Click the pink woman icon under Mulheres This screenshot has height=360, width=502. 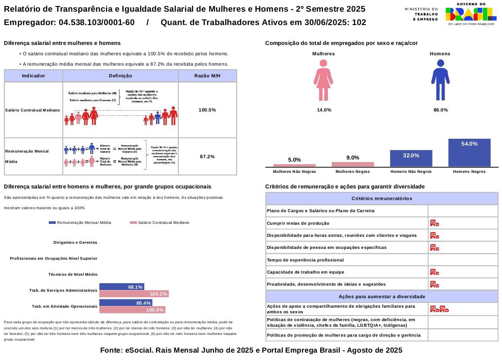tap(323, 80)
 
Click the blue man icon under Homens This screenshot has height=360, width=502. tap(440, 80)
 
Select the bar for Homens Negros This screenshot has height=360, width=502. tap(469, 153)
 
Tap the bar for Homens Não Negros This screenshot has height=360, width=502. tap(411, 158)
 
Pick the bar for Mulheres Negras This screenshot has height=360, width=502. tap(353, 164)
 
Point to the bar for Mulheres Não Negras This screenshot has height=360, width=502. tap(294, 165)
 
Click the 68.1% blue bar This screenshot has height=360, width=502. tap(121, 287)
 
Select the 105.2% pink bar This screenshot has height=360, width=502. tap(134, 294)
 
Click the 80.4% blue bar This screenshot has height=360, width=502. tap(126, 303)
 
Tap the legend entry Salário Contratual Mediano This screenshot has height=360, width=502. tap(159, 223)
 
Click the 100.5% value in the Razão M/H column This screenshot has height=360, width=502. tap(207, 110)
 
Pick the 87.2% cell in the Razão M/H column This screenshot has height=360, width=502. tap(207, 156)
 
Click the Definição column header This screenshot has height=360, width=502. tap(121, 76)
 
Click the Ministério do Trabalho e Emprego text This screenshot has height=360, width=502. tap(421, 14)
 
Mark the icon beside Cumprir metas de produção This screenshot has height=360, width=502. tap(435, 223)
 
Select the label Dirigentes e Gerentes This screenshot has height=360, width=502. tap(75, 242)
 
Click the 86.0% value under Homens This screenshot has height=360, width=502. tap(441, 110)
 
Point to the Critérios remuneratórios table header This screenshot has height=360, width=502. tap(382, 198)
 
